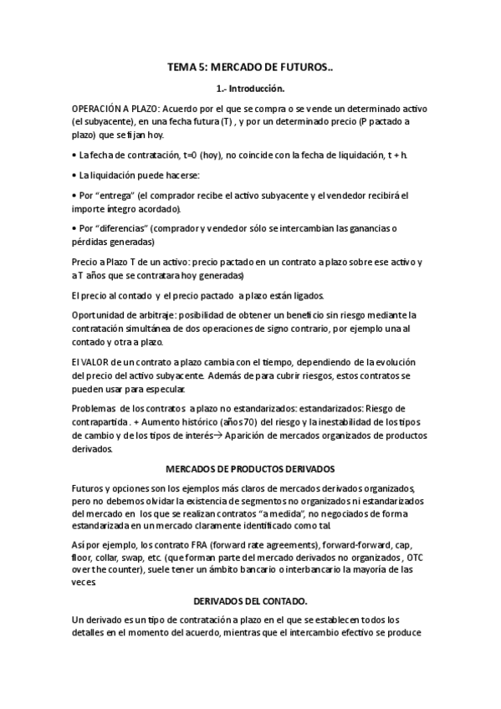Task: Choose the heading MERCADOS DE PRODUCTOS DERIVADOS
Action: click(250, 468)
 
